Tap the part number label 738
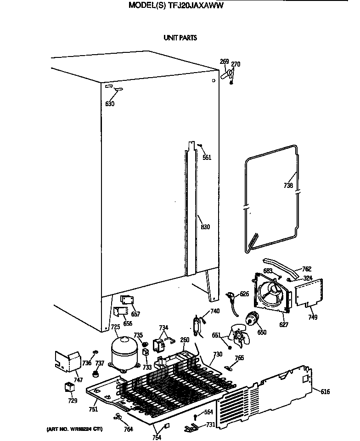coord(288,186)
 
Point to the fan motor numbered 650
coord(251,318)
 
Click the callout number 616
coord(325,391)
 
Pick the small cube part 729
coord(69,387)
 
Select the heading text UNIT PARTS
coord(180,38)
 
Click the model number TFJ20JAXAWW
coord(197,6)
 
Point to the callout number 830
coord(205,227)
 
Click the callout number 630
coord(110,104)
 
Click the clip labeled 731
coord(191,429)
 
